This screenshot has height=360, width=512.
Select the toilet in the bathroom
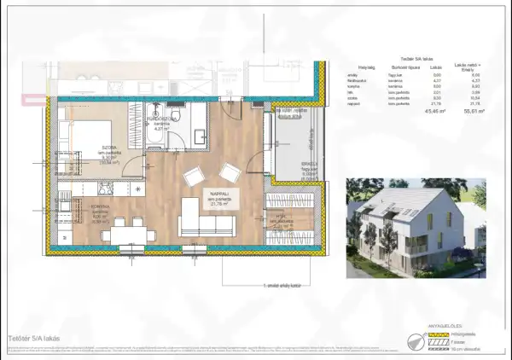click(x=174, y=116)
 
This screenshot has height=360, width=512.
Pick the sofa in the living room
click(x=206, y=225)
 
